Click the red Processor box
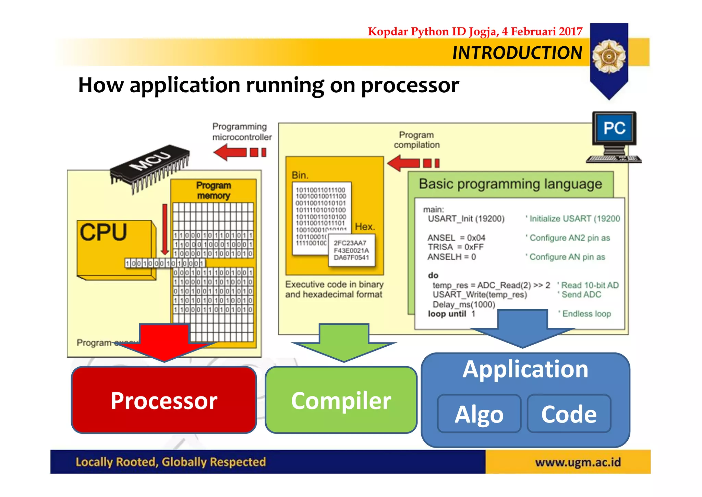164,400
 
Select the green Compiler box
341,400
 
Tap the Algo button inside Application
479,414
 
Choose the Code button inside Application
569,414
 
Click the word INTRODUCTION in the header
517,53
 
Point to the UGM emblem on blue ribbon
609,56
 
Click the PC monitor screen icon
614,128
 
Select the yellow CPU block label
103,232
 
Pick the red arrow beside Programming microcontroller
239,152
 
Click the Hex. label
365,227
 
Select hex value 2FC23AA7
350,243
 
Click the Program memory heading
213,190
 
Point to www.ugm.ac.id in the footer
578,462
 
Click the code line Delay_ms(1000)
464,304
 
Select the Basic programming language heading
510,184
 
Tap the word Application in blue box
525,370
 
